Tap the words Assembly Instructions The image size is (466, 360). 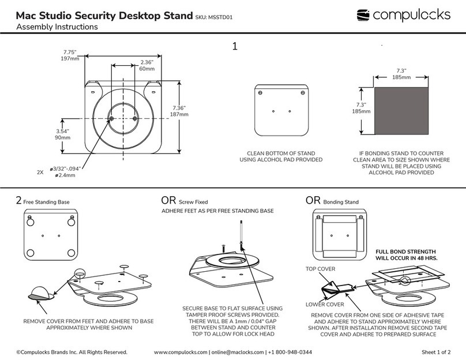pyautogui.click(x=57, y=27)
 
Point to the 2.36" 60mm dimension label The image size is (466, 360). pyautogui.click(x=147, y=65)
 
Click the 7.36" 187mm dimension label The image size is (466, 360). pyautogui.click(x=179, y=111)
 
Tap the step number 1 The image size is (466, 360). pyautogui.click(x=235, y=47)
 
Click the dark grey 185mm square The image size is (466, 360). pyautogui.click(x=401, y=109)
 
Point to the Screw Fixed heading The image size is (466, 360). pyautogui.click(x=193, y=202)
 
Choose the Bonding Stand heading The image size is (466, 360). pyautogui.click(x=340, y=202)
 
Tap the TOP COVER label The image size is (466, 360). pyautogui.click(x=320, y=269)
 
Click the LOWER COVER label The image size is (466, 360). pyautogui.click(x=325, y=304)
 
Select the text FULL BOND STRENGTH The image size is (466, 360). pyautogui.click(x=405, y=252)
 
